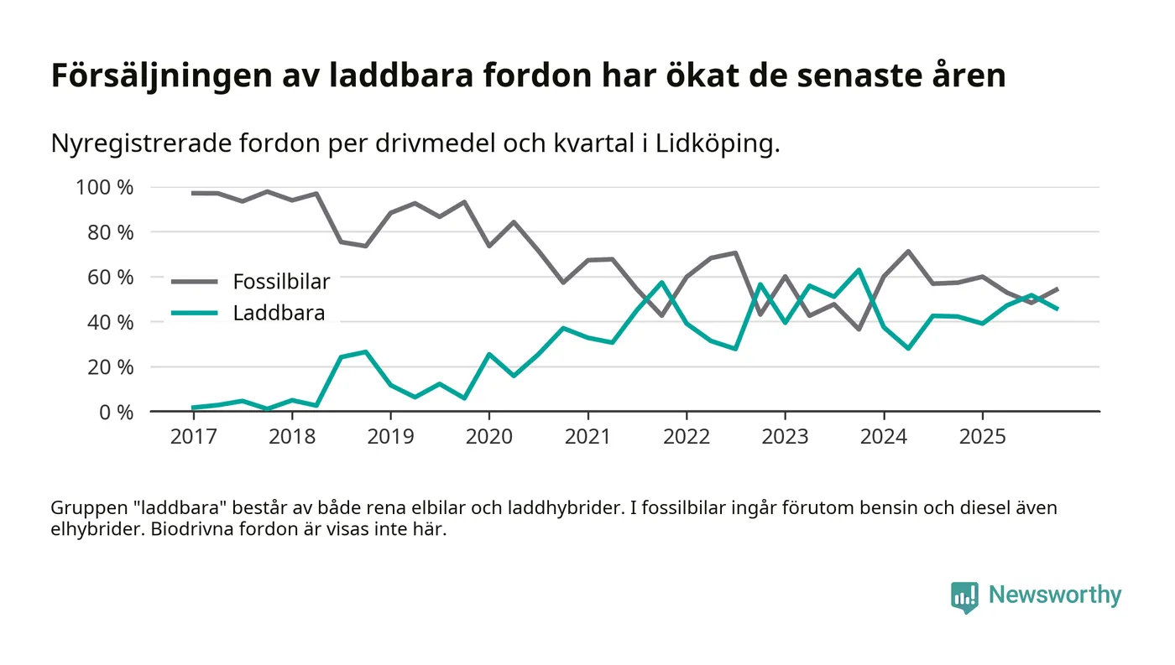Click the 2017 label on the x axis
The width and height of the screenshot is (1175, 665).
coord(193,437)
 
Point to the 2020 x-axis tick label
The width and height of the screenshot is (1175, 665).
coord(488,437)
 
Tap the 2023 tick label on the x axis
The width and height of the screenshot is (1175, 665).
coord(785,437)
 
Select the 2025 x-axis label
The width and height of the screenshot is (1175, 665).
coord(982,437)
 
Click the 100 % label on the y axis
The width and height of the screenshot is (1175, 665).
coord(105,187)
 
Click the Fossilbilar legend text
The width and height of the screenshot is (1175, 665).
coord(281,282)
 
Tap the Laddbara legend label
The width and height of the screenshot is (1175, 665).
coord(279,314)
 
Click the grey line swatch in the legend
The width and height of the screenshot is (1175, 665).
coord(195,282)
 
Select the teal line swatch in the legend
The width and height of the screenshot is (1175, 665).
coord(195,314)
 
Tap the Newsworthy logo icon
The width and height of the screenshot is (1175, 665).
coord(964,596)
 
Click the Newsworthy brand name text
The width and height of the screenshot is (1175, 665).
coord(1054,595)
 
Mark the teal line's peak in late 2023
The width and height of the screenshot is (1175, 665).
coord(859,270)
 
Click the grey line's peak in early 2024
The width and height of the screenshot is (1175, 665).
coord(908,251)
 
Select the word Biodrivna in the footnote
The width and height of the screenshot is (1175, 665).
coord(191,531)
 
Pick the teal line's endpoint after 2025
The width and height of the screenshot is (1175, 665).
coord(1057,309)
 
